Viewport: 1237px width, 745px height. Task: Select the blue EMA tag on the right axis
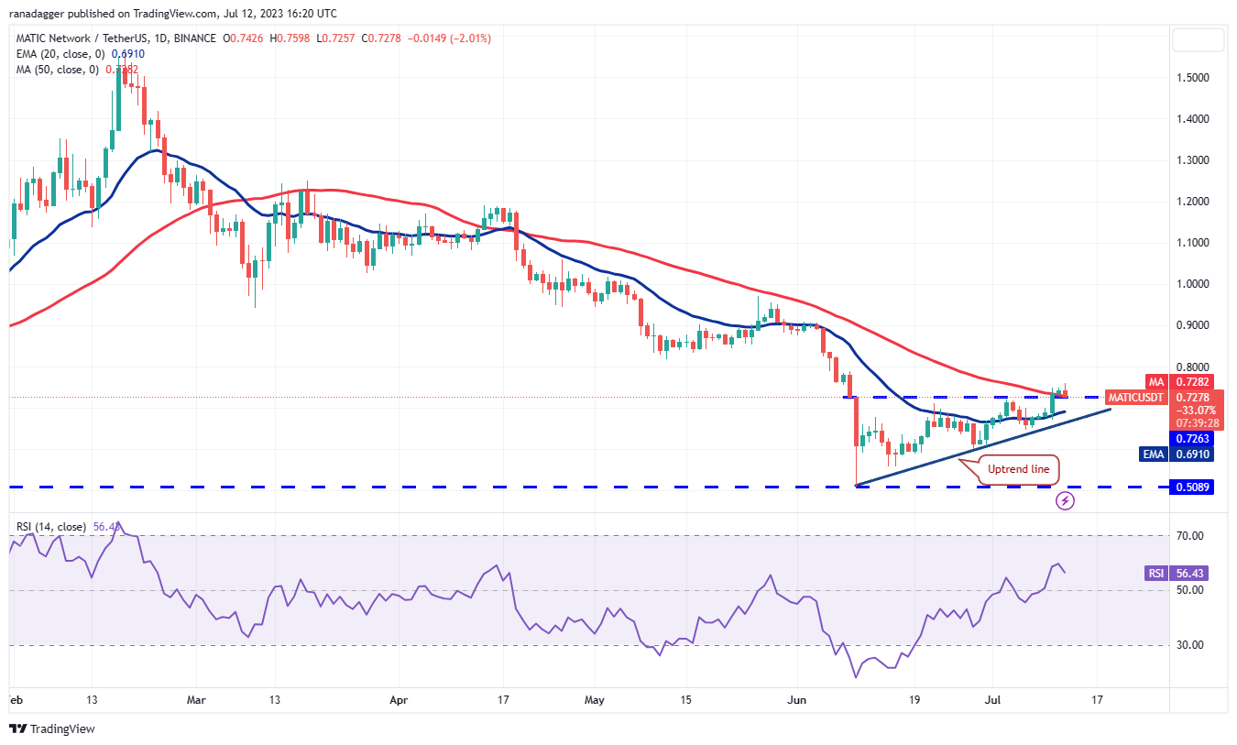1154,454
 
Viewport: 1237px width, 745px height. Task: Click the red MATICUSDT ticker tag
1135,398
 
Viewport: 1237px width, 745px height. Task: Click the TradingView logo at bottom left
52,729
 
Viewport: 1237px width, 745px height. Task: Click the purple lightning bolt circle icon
1065,500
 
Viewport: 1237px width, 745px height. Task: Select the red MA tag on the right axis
1156,381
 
